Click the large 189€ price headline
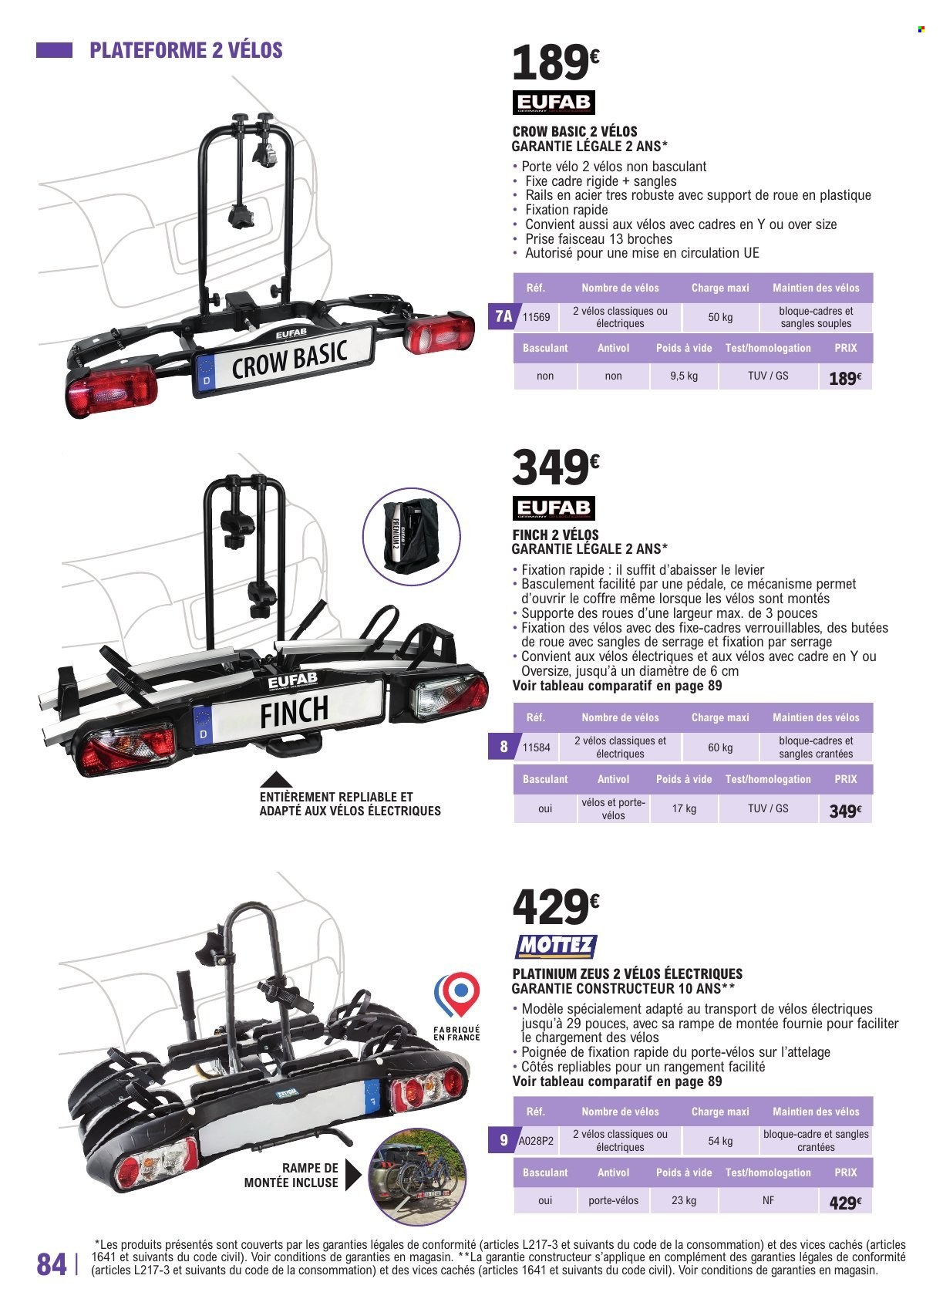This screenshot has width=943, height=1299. [x=555, y=63]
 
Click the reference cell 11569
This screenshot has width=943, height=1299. [x=536, y=317]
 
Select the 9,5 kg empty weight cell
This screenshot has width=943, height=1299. [x=684, y=376]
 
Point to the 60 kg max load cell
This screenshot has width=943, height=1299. [x=720, y=747]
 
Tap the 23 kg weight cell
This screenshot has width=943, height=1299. [x=684, y=1200]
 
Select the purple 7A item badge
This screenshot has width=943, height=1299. [x=503, y=316]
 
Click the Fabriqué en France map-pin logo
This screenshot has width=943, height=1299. [x=456, y=996]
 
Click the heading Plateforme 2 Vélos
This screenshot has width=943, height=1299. [x=186, y=51]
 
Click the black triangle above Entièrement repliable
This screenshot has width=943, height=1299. [x=275, y=780]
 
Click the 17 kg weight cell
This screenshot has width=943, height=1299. [x=684, y=808]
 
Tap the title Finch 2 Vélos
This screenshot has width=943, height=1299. [x=555, y=535]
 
